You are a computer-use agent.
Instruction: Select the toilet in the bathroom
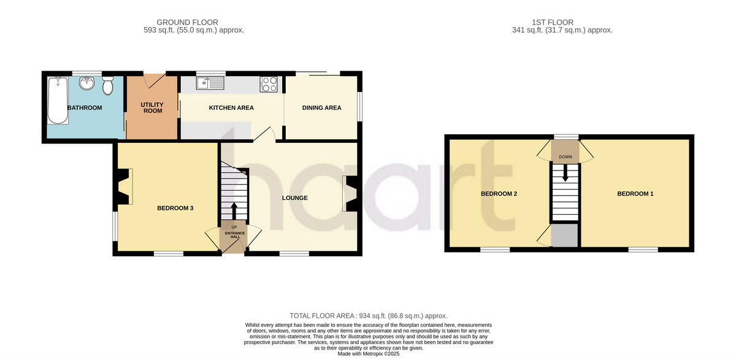tap(108, 85)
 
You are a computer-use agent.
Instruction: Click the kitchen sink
tap(211, 83)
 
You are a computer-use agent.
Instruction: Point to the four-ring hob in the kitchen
tap(269, 84)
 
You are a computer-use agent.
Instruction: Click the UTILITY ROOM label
tap(151, 107)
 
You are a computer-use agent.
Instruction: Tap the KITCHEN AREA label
tap(231, 108)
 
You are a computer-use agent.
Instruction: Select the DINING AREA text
tap(321, 108)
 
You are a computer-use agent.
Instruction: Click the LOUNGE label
tap(294, 198)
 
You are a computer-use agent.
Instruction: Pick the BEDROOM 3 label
tap(175, 209)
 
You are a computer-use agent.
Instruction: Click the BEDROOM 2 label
tap(499, 194)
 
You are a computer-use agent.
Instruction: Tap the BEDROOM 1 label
tap(635, 194)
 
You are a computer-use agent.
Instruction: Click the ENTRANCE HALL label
tap(234, 236)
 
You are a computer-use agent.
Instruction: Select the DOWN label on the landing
tap(565, 157)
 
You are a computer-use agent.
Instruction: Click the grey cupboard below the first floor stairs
tap(564, 236)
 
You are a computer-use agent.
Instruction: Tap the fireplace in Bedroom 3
tap(123, 188)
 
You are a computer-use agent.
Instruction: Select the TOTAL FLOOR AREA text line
tap(369, 315)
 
